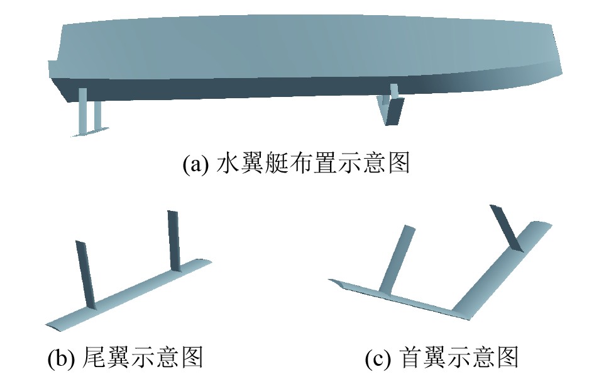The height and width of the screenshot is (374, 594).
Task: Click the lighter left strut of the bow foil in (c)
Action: (397, 258)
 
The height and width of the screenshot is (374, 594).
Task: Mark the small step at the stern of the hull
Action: (52, 69)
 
